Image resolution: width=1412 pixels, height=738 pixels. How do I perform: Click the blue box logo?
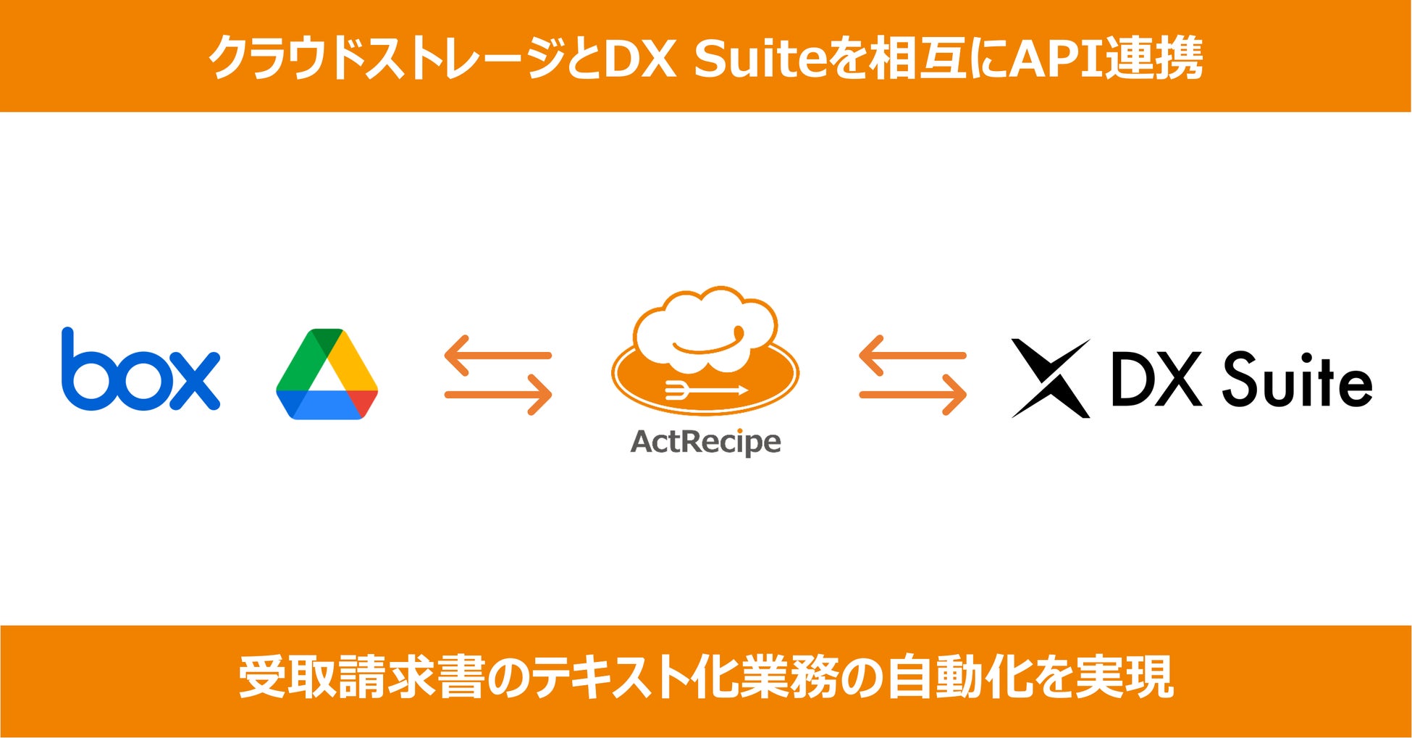pyautogui.click(x=140, y=372)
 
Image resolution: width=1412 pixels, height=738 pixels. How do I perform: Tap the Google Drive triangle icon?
pyautogui.click(x=327, y=374)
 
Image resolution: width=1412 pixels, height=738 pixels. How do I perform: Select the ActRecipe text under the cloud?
pyautogui.click(x=705, y=441)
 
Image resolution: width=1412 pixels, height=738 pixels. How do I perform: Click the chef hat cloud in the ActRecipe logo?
pyautogui.click(x=705, y=330)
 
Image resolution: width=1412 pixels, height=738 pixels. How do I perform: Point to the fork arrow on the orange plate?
pyautogui.click(x=705, y=390)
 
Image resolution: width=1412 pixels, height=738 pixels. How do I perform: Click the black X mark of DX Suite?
pyautogui.click(x=1050, y=378)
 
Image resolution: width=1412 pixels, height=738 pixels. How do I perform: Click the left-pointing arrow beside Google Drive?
pyautogui.click(x=497, y=355)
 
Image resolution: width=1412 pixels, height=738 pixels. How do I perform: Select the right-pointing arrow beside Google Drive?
pyautogui.click(x=499, y=395)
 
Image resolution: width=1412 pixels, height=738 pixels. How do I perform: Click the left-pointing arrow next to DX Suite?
pyautogui.click(x=912, y=355)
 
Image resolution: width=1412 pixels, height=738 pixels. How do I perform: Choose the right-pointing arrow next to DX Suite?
pyautogui.click(x=913, y=395)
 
